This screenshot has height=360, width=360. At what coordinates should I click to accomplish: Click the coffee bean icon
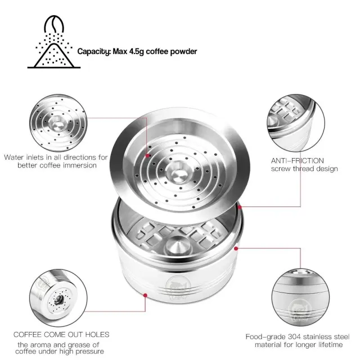coord(54,24)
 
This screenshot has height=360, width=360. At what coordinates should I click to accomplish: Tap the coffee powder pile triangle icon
coord(54,56)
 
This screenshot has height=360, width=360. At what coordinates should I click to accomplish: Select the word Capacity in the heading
coord(94,52)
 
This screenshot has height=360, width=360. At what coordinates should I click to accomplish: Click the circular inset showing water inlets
coord(58,123)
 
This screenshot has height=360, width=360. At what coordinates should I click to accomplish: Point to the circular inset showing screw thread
coord(296,123)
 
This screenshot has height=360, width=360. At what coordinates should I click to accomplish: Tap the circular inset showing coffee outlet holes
coord(58,298)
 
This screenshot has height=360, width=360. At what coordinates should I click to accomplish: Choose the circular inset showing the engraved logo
coord(300,298)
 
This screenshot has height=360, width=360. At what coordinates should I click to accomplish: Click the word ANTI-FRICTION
coord(298,160)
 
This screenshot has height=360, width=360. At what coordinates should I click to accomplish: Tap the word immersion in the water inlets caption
coord(80,165)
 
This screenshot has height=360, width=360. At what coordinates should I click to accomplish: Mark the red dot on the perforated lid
coord(147,156)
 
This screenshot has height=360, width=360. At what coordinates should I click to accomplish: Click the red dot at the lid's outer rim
coord(240,207)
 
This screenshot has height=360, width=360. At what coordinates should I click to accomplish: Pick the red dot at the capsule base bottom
coord(145,295)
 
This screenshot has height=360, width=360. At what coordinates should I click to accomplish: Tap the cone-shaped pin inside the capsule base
coord(177,246)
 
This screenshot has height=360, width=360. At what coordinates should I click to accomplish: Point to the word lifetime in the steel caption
coord(331,345)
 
